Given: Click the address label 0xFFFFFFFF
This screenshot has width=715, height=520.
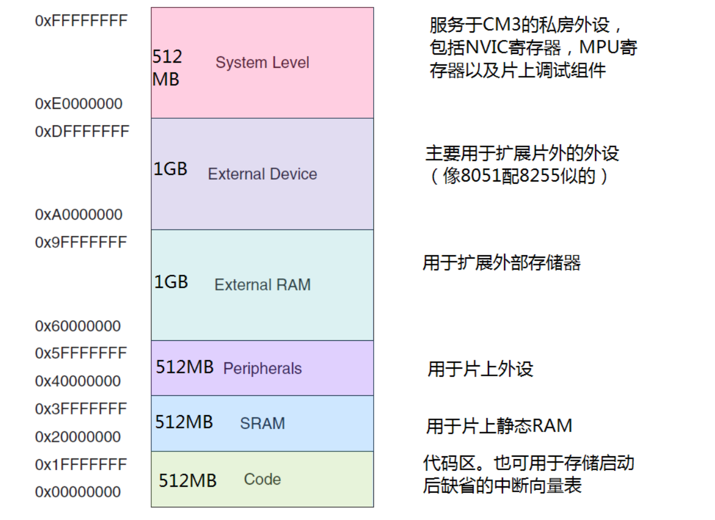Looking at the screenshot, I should (x=81, y=21).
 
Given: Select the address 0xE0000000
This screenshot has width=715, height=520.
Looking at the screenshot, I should (x=79, y=104).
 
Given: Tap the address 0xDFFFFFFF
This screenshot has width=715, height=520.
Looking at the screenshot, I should (x=82, y=132).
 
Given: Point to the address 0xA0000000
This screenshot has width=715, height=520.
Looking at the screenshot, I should (x=79, y=214).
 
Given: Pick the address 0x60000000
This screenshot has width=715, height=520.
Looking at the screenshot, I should (x=78, y=326).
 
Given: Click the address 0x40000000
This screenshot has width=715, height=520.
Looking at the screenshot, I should (x=78, y=381).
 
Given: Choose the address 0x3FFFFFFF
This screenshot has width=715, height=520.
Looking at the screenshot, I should (x=81, y=409).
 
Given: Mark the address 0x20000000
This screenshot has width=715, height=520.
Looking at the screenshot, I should (x=78, y=437).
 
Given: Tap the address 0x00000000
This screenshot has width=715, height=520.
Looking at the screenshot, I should (x=78, y=492).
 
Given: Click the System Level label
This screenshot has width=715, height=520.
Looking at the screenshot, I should (x=262, y=63).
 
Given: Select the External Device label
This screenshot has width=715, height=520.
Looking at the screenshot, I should (x=262, y=174).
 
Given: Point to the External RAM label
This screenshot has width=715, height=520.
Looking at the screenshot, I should (x=262, y=285).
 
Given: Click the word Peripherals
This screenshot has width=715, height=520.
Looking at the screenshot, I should (x=262, y=369).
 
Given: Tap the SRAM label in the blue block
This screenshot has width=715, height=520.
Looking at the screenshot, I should (x=262, y=423).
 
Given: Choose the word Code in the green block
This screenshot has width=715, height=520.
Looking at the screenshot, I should (x=262, y=479).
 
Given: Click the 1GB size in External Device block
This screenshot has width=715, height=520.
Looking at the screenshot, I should (x=170, y=169).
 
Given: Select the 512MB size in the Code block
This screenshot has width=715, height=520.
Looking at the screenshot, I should (x=188, y=481).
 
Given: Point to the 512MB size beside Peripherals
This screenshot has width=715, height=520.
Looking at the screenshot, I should (x=185, y=367).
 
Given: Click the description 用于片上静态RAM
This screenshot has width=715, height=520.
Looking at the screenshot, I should (x=499, y=426).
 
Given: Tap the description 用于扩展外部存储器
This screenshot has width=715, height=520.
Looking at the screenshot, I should (x=501, y=263).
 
